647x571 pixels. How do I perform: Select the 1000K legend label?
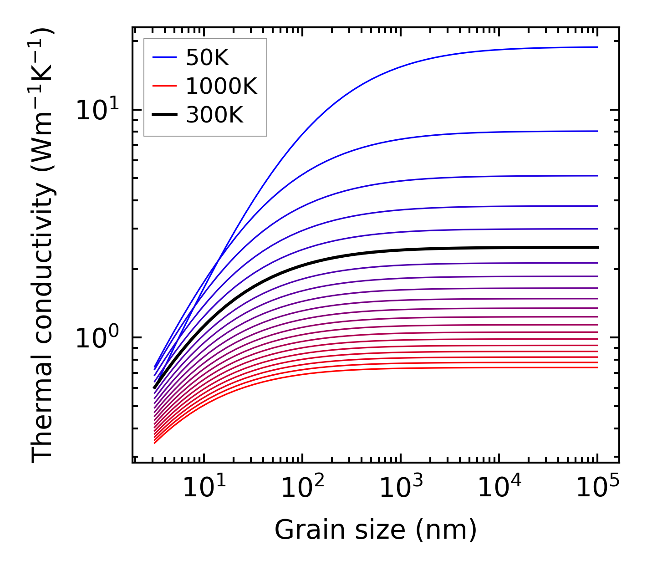tap(221, 86)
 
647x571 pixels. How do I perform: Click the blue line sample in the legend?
tap(164, 57)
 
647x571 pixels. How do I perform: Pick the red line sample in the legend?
tap(164, 86)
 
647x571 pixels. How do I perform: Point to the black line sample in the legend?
tap(164, 115)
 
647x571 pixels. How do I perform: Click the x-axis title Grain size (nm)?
tap(376, 530)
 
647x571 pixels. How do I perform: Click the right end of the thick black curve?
tap(597, 247)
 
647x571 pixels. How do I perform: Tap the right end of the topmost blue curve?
tap(597, 47)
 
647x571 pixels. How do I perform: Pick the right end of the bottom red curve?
tap(597, 367)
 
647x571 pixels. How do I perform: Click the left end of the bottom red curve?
tap(155, 443)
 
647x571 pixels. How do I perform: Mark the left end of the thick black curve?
tap(155, 388)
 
